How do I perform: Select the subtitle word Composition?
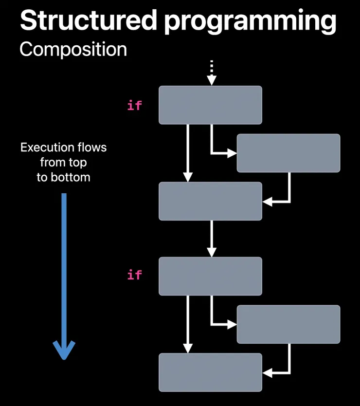73,49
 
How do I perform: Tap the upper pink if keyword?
134,105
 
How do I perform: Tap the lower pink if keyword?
134,275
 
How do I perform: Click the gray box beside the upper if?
210,105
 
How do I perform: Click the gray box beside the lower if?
210,276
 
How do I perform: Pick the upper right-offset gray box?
288,153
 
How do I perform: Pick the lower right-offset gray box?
288,324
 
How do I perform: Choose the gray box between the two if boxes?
210,201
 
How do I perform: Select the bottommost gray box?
210,372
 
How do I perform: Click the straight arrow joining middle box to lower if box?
211,239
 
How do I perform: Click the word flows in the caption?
92,147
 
